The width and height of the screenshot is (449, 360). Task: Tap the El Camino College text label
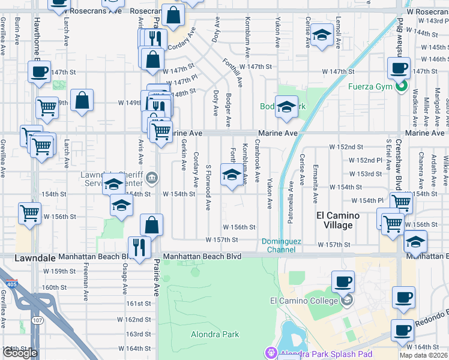(x=306, y=301)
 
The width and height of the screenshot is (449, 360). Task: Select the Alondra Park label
(x=215, y=334)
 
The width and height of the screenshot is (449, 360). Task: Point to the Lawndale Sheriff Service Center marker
(x=152, y=177)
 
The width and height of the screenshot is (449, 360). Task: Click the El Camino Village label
(x=338, y=220)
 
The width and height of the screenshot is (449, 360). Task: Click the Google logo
(x=20, y=353)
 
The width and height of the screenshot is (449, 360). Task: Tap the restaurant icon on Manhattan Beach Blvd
(x=139, y=247)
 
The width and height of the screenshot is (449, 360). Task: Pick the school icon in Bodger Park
(x=286, y=106)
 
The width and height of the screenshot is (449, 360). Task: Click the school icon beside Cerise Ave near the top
(x=322, y=36)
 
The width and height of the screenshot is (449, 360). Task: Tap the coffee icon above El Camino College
(x=343, y=280)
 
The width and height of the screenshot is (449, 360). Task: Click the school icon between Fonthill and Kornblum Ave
(x=232, y=176)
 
